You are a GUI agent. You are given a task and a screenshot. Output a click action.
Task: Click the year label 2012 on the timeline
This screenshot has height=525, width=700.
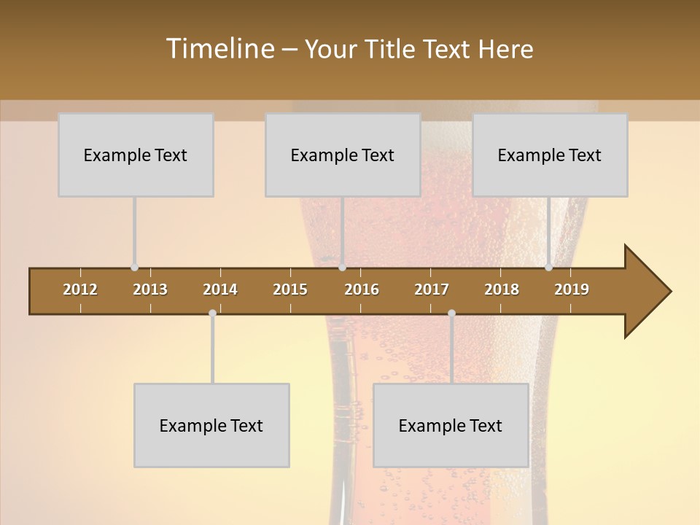(80, 289)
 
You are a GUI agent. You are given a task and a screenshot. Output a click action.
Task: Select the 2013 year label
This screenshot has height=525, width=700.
(150, 289)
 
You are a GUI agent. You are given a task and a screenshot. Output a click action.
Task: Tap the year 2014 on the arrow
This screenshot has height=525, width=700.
(220, 289)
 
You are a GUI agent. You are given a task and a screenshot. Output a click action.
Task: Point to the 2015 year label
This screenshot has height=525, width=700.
(290, 289)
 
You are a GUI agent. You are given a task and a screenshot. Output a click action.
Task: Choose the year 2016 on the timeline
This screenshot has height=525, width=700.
(362, 289)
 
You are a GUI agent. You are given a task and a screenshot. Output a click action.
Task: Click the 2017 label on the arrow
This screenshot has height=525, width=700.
(432, 289)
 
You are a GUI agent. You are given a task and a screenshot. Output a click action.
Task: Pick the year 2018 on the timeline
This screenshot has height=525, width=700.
(502, 289)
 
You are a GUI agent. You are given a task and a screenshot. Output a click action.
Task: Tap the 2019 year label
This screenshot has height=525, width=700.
(572, 289)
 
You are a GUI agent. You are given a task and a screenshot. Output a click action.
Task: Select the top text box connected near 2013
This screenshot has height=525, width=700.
(136, 155)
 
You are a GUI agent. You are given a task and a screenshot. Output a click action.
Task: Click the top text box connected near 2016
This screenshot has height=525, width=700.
(343, 155)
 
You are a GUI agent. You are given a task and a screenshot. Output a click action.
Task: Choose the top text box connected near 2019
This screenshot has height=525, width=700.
(550, 155)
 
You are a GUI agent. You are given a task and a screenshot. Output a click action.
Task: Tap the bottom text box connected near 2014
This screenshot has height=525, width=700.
(211, 425)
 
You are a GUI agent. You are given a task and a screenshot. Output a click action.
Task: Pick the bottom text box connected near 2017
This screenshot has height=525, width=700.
(451, 425)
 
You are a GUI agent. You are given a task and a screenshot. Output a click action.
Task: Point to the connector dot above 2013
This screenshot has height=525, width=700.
(135, 268)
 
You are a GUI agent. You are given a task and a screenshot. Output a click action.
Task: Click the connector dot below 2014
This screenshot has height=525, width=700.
(212, 314)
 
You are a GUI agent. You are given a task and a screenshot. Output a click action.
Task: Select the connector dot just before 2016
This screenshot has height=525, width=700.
(342, 268)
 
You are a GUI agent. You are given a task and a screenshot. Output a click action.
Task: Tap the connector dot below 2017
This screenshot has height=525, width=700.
(451, 314)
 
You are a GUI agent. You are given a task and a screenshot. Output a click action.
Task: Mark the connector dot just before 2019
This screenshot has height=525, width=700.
(549, 268)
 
